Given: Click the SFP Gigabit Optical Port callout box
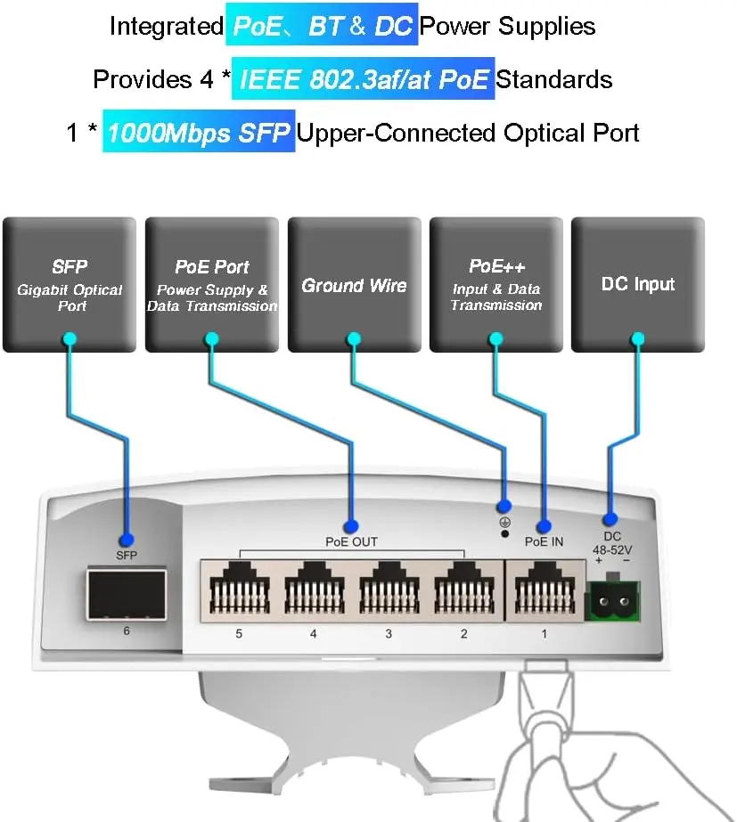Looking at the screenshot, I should click(x=70, y=284).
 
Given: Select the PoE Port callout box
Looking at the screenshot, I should click(x=212, y=284).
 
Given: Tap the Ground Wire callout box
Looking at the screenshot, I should click(x=354, y=284).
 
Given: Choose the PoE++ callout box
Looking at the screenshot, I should click(x=495, y=284).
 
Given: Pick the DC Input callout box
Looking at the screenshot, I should click(x=637, y=284).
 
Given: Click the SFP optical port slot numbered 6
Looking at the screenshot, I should click(x=126, y=594).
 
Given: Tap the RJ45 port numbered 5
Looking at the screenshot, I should click(x=237, y=590).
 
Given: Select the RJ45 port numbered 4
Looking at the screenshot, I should click(x=313, y=590).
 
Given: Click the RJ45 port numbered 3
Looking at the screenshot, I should click(x=388, y=590).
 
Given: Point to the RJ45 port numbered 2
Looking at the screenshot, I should click(x=463, y=590).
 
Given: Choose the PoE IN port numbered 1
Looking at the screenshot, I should click(x=543, y=590).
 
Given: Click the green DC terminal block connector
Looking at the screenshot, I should click(x=612, y=604).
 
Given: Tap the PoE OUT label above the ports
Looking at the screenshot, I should click(x=351, y=541).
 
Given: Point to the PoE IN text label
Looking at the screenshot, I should click(x=544, y=541).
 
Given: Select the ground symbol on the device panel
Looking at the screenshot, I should click(x=504, y=523).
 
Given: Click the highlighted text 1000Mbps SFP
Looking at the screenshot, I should click(x=199, y=133).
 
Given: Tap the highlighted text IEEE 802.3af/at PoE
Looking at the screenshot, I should click(x=363, y=79).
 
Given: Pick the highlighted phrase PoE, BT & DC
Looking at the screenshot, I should click(x=322, y=26).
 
